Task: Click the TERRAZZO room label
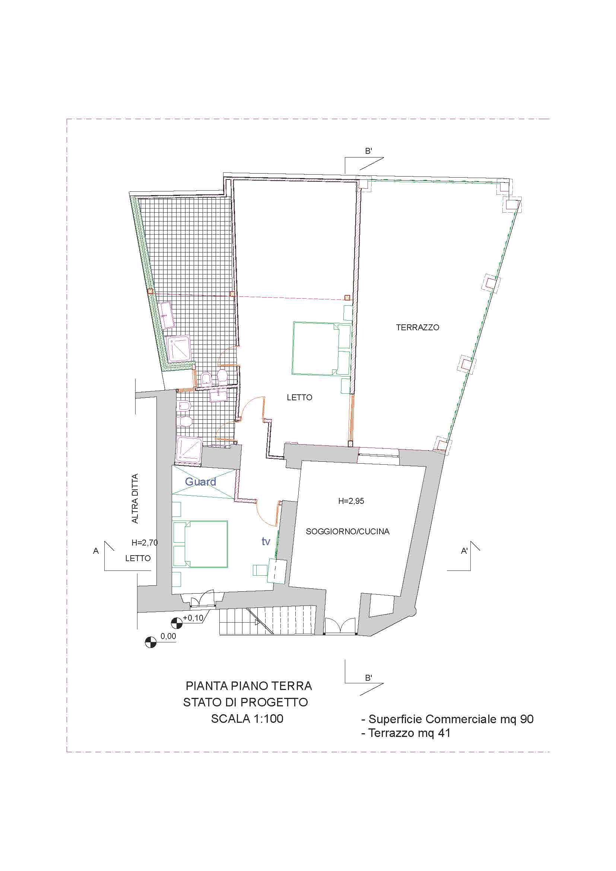click(x=417, y=327)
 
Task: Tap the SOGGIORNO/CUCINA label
click(x=347, y=531)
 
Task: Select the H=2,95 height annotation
click(x=351, y=501)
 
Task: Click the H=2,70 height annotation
click(x=145, y=543)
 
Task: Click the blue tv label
click(x=266, y=541)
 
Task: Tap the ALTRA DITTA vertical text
click(x=135, y=499)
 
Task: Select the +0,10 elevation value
click(x=193, y=618)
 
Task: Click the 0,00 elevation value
click(x=168, y=636)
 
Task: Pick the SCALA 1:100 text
click(x=247, y=719)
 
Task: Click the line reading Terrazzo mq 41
click(x=406, y=733)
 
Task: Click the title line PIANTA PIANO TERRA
click(x=249, y=686)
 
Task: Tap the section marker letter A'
click(x=464, y=551)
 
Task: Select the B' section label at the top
click(x=368, y=151)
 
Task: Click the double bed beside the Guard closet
click(x=200, y=544)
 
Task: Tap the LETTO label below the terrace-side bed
click(x=299, y=398)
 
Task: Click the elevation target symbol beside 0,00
click(x=150, y=642)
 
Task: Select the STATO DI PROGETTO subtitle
click(x=245, y=702)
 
